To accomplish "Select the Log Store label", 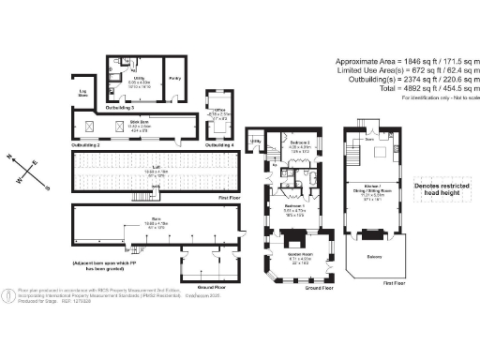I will (x=82, y=93).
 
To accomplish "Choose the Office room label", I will (x=217, y=111).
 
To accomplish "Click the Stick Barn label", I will (x=139, y=123).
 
